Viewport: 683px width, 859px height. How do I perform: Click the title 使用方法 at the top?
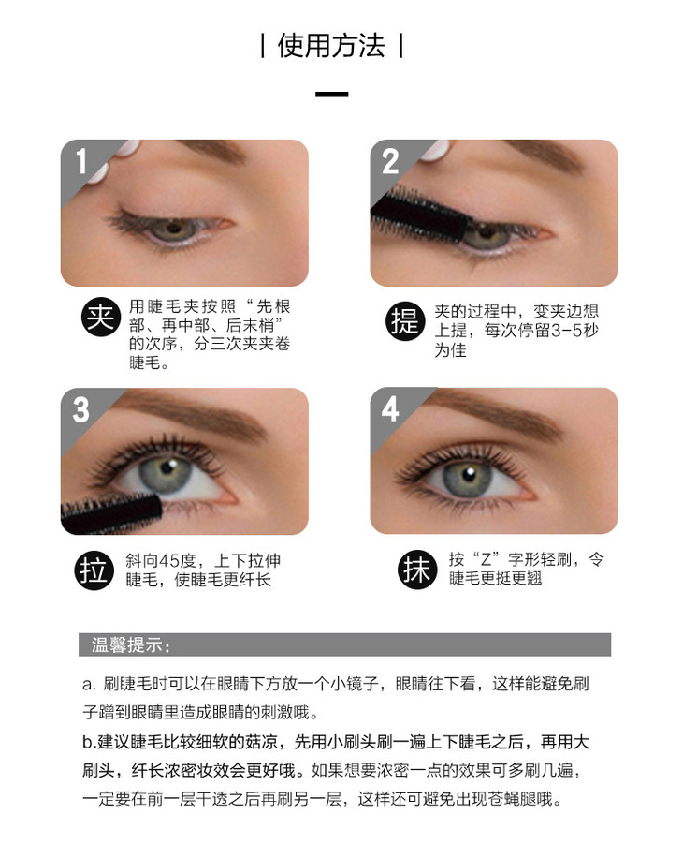[331, 46]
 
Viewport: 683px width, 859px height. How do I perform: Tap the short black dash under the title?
[331, 95]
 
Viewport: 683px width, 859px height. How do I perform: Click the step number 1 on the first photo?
[81, 161]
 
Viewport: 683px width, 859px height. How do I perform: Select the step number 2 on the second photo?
[390, 161]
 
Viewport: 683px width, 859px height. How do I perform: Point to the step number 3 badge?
[81, 409]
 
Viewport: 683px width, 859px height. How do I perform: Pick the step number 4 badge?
[390, 409]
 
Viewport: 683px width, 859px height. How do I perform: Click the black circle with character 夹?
[101, 318]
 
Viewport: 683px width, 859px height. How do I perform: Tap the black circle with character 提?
[405, 321]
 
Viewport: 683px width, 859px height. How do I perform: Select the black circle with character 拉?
[94, 570]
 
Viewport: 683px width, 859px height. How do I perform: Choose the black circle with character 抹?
[417, 570]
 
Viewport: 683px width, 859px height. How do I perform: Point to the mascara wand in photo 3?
[111, 513]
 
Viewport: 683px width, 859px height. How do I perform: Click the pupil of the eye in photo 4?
[468, 474]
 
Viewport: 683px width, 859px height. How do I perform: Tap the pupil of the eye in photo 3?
[167, 469]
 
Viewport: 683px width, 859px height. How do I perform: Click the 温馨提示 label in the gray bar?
[127, 644]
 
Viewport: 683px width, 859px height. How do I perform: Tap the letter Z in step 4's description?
[486, 560]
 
